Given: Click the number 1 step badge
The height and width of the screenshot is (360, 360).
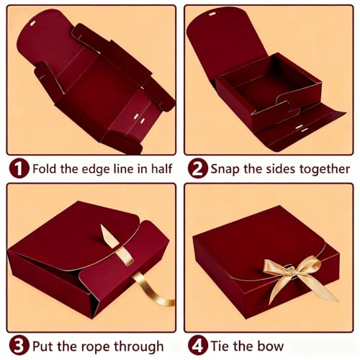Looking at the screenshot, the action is (19, 168).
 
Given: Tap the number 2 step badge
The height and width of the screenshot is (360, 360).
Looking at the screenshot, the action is (198, 168).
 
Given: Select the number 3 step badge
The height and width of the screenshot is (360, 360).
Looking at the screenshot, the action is (19, 346).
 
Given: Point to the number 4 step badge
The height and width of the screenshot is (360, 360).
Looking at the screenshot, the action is (198, 346).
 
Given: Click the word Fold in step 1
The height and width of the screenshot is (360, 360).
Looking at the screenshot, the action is (45, 168).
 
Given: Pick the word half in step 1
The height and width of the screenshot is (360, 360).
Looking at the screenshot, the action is (161, 168).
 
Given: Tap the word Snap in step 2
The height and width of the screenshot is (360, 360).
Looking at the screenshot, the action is (225, 169).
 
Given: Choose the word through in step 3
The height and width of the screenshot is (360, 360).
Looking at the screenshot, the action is (139, 347).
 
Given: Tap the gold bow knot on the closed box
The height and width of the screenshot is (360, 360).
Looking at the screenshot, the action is (291, 271).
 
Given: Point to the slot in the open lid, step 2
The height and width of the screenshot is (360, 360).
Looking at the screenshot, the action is (212, 14).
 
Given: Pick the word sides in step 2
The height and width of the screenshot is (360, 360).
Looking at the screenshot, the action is (281, 168).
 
